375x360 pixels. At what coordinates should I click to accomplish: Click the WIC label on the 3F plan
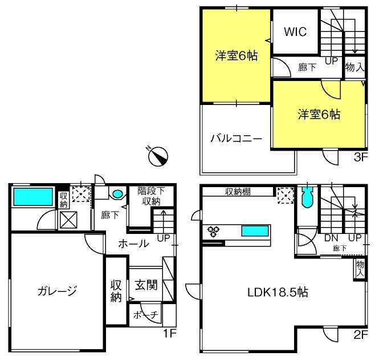295,31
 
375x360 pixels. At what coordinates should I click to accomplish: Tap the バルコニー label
237,138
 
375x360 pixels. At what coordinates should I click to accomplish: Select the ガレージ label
57,291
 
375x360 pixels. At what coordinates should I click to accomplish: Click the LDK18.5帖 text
278,292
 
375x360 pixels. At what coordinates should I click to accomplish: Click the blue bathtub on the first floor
33,197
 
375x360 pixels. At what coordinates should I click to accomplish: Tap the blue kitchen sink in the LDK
254,230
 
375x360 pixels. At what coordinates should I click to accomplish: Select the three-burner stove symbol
213,232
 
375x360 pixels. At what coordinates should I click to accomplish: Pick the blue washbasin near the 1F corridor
117,193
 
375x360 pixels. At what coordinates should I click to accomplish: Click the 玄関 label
146,285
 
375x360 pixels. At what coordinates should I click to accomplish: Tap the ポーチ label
146,314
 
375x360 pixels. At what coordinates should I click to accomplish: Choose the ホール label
133,244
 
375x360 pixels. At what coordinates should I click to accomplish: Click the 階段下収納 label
151,196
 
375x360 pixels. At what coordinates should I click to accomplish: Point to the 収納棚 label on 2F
238,192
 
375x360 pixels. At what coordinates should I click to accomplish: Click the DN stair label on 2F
331,238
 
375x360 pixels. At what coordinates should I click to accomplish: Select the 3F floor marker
360,157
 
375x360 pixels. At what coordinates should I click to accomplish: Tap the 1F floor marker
170,333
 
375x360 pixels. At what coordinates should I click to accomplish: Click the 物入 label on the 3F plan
354,67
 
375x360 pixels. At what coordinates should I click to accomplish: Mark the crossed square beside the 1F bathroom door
68,220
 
